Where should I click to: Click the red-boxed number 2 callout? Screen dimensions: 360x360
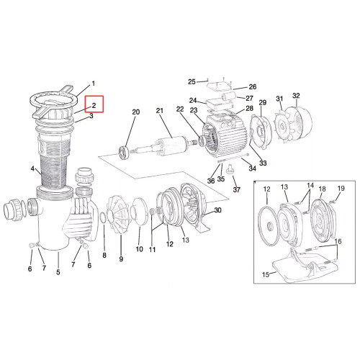(94, 105)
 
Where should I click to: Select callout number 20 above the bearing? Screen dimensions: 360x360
(136, 112)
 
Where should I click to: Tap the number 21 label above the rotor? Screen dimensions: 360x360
(160, 111)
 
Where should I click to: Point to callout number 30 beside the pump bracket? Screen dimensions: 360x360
(217, 210)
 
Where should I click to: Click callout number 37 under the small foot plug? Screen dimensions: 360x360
(237, 189)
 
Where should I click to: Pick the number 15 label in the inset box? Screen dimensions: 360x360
(266, 274)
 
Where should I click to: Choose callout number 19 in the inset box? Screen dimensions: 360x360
(341, 189)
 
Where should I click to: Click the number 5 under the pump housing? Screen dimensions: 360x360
(58, 272)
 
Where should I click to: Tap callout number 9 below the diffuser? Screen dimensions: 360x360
(121, 259)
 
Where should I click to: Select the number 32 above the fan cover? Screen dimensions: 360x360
(296, 96)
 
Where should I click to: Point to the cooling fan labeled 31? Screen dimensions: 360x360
(284, 126)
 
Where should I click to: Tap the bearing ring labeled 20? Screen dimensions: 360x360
(125, 152)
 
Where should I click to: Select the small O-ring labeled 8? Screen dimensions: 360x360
(102, 217)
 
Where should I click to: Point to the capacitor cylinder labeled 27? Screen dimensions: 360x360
(228, 97)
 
